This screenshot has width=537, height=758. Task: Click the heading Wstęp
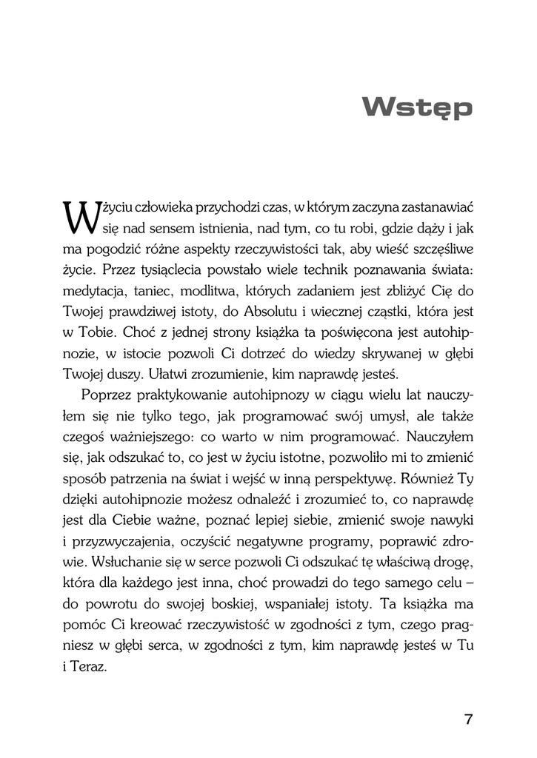[416, 108]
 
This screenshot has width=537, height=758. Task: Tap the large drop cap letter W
[76, 216]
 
